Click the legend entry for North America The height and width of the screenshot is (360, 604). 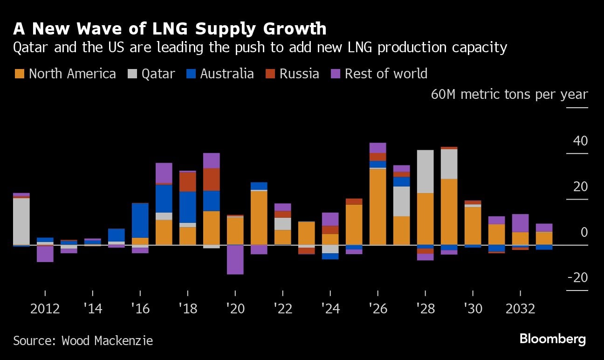tap(65, 74)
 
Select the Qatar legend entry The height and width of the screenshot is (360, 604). tap(152, 74)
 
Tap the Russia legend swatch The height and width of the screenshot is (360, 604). tap(271, 74)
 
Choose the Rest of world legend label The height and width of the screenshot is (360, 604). tap(385, 74)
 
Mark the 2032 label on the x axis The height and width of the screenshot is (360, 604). tap(520, 309)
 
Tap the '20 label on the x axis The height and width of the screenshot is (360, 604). tap(235, 309)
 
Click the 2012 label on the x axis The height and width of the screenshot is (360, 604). tap(45, 309)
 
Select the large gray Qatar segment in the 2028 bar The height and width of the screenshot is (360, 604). tap(425, 172)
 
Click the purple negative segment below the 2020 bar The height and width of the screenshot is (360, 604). tap(235, 260)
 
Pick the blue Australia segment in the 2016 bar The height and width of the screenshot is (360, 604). tap(140, 221)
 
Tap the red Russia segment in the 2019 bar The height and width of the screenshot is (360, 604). tap(211, 180)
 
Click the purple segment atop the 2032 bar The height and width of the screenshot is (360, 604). tap(520, 223)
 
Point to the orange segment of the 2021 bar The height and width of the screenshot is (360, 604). tap(259, 218)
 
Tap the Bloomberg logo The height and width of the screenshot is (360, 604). tap(552, 339)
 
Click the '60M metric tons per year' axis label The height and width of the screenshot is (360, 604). tap(509, 95)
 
